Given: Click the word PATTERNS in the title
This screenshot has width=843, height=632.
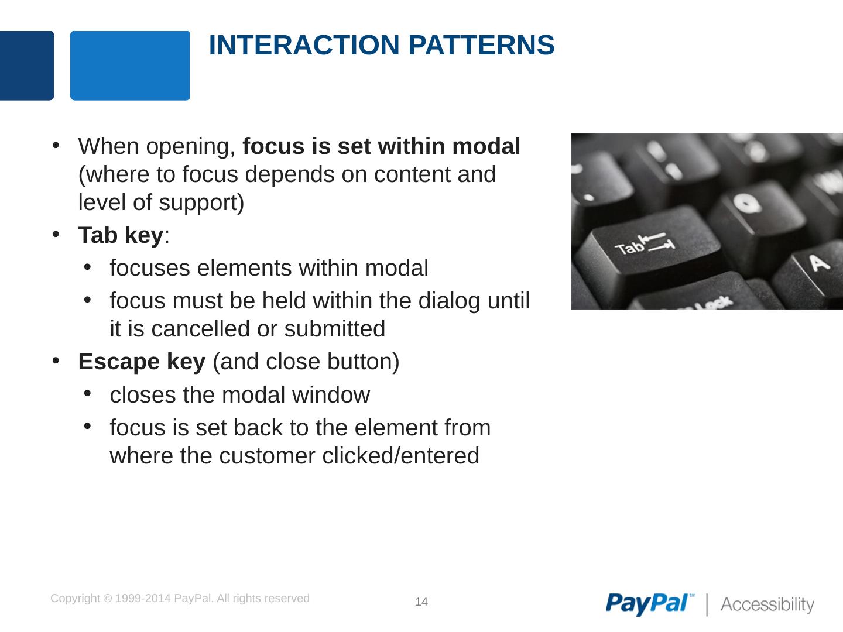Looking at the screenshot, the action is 481,45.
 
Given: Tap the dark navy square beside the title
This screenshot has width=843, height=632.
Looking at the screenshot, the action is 27,66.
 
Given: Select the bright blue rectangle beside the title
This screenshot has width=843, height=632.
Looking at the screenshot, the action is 130,66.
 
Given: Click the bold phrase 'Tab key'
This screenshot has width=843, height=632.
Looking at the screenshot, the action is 121,235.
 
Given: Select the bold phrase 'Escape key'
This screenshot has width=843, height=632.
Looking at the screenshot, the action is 142,362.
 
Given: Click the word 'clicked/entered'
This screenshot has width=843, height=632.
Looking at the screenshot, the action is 400,455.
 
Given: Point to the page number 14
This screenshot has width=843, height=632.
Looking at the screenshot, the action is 421,602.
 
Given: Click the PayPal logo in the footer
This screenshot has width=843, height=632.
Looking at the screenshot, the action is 649,604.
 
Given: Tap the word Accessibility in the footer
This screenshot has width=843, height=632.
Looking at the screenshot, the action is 767,604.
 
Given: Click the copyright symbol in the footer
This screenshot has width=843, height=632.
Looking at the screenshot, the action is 108,599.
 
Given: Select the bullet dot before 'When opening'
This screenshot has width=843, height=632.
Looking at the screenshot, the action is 56,146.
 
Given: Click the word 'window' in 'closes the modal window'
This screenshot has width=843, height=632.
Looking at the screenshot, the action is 331,395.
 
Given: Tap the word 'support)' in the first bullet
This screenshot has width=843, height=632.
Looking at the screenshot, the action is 201,202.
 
